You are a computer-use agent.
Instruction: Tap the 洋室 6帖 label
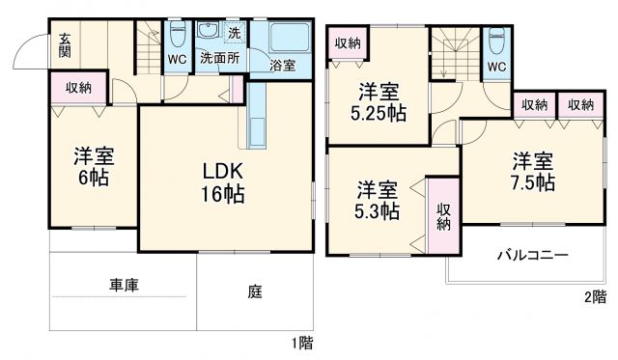click(93, 167)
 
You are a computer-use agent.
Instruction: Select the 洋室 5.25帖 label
click(378, 101)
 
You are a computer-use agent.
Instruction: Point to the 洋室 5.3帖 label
click(376, 199)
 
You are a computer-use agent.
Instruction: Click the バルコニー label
click(532, 256)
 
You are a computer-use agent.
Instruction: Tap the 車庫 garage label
click(123, 286)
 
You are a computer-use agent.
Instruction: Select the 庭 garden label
click(255, 289)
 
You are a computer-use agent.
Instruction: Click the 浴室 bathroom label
click(283, 66)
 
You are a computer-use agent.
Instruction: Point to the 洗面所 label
click(219, 58)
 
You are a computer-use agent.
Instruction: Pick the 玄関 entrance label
click(64, 45)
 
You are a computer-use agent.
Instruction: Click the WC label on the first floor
click(177, 58)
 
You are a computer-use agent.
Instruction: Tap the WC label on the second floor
click(495, 67)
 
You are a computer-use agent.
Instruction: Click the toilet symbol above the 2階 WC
click(495, 42)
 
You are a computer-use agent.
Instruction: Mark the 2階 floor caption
click(595, 296)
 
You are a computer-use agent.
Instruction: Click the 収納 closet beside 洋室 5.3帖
click(443, 216)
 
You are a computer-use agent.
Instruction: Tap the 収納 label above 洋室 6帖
click(79, 88)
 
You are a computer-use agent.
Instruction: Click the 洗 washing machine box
click(235, 32)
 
